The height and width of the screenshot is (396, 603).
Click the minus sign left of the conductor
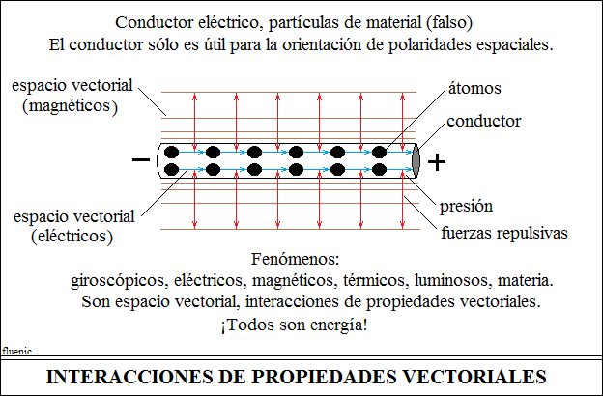click(x=141, y=159)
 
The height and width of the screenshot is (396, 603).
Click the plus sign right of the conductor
click(x=437, y=162)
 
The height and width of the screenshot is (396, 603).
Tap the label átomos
click(x=474, y=88)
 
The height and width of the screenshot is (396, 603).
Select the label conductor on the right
click(x=484, y=121)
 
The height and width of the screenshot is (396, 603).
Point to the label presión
click(x=466, y=207)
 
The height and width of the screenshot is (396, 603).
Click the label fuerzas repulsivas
click(x=504, y=233)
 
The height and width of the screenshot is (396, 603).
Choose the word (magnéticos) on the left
click(x=70, y=106)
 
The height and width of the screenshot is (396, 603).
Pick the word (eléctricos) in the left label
click(x=72, y=237)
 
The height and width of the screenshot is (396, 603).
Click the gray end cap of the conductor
click(x=416, y=161)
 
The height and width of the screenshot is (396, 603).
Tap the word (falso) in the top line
click(x=449, y=22)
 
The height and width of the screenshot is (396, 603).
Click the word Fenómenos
click(x=296, y=259)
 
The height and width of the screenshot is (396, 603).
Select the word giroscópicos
click(x=120, y=281)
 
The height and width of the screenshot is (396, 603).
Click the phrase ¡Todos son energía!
click(x=294, y=325)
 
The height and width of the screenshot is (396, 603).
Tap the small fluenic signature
click(x=17, y=351)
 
